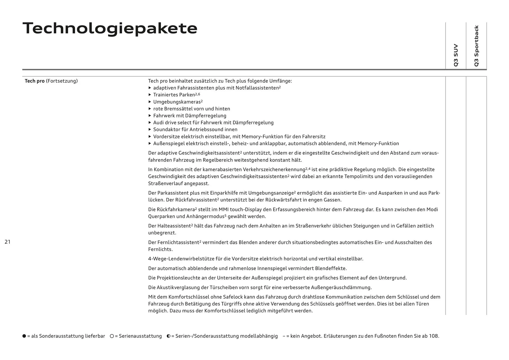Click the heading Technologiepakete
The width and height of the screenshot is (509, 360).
110,28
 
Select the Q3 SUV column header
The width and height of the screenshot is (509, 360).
456,55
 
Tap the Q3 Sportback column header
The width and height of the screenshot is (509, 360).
476,46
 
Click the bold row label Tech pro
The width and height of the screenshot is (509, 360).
34,81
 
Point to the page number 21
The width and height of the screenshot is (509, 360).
7,242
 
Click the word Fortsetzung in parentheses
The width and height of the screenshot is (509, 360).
62,81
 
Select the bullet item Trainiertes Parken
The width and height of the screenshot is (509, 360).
174,95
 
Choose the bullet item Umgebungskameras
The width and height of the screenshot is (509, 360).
177,102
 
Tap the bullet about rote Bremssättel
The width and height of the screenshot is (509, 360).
191,109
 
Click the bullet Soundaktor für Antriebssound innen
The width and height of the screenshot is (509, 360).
195,129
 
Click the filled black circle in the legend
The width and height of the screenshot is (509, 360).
24,336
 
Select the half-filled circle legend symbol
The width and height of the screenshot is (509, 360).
168,336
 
